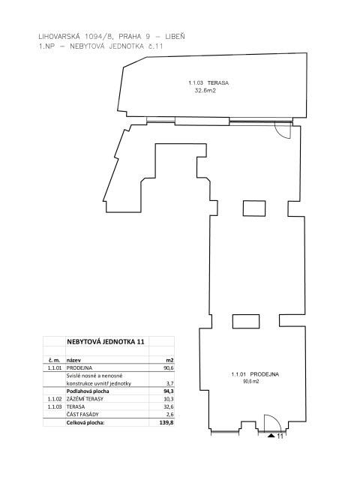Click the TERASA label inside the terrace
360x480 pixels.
pyautogui.click(x=218, y=83)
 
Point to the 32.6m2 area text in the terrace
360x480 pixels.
pyautogui.click(x=205, y=91)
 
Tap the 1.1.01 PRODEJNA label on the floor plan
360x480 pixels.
pyautogui.click(x=255, y=374)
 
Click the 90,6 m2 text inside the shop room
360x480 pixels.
pyautogui.click(x=251, y=382)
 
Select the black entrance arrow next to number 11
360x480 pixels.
pyautogui.click(x=271, y=435)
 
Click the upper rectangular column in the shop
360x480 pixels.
pyautogui.click(x=254, y=208)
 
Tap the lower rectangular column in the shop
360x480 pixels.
pyautogui.click(x=246, y=322)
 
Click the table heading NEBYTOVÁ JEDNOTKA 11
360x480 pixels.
pyautogui.click(x=105, y=342)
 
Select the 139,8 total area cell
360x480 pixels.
pyautogui.click(x=168, y=423)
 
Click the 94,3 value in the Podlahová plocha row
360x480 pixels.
pyautogui.click(x=169, y=391)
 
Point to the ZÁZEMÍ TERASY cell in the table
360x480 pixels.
pyautogui.click(x=85, y=399)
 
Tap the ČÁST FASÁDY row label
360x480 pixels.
pyautogui.click(x=82, y=415)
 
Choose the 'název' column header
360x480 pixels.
pyautogui.click(x=73, y=360)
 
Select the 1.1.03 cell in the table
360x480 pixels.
pyautogui.click(x=55, y=406)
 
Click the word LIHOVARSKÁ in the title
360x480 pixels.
pyautogui.click(x=59, y=37)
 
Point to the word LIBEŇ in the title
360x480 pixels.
pyautogui.click(x=175, y=36)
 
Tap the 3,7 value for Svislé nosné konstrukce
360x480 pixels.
pyautogui.click(x=170, y=383)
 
